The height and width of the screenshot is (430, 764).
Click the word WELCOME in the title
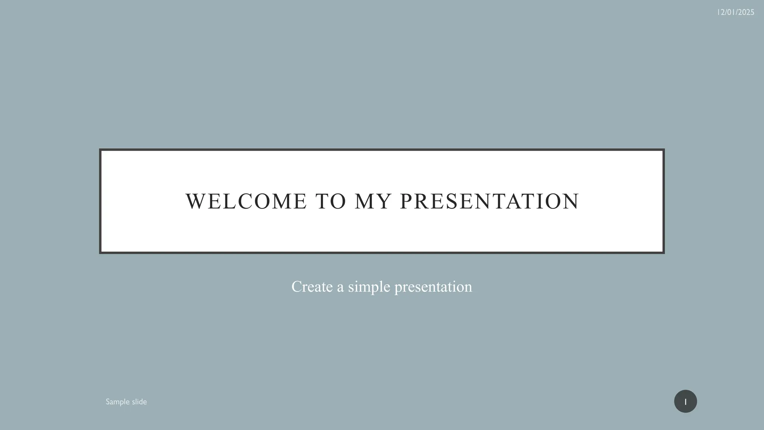(x=246, y=202)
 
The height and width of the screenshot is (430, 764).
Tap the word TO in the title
(x=331, y=202)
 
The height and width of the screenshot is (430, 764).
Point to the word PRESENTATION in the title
(x=489, y=202)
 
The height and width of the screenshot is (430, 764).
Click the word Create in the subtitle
(x=312, y=287)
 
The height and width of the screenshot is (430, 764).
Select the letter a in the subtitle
(x=340, y=287)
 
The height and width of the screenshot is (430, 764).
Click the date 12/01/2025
(x=735, y=12)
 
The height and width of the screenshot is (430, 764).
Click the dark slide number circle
(x=685, y=401)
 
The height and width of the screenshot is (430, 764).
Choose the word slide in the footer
(x=139, y=402)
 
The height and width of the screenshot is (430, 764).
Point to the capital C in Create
(x=297, y=287)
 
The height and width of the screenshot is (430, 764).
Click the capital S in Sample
(x=108, y=402)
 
